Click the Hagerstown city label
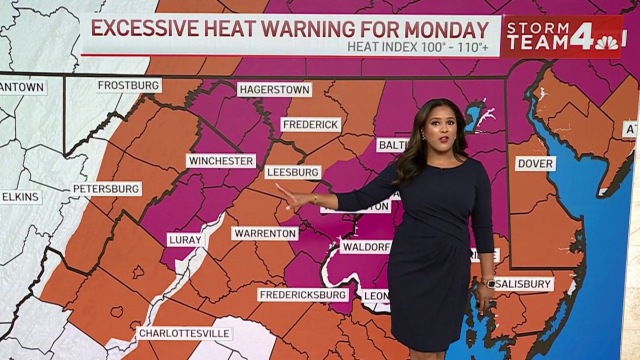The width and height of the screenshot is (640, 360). pos(274,89)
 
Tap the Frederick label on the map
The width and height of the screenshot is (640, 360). pos(311,125)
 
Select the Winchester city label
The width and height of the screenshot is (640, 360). pos(221,161)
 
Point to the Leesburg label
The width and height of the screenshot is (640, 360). pos(293,172)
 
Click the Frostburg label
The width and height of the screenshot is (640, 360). pos(129,85)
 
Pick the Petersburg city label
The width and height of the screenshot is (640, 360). pos(107,189)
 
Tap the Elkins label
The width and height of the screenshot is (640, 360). pos(20,197)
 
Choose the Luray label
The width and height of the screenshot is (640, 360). pos(186,239)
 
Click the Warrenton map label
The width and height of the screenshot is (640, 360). pos(265,233)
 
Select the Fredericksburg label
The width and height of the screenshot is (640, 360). pos(303,295)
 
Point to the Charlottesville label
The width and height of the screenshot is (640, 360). pos(185,334)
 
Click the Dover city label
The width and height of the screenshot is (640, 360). pos(535,163)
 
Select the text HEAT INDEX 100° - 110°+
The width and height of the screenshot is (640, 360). pos(418,47)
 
